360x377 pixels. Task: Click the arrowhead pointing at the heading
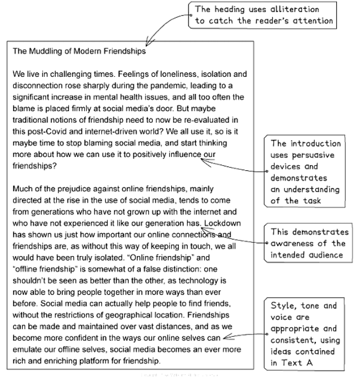tap(148, 44)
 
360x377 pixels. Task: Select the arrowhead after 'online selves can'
tap(225, 336)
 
